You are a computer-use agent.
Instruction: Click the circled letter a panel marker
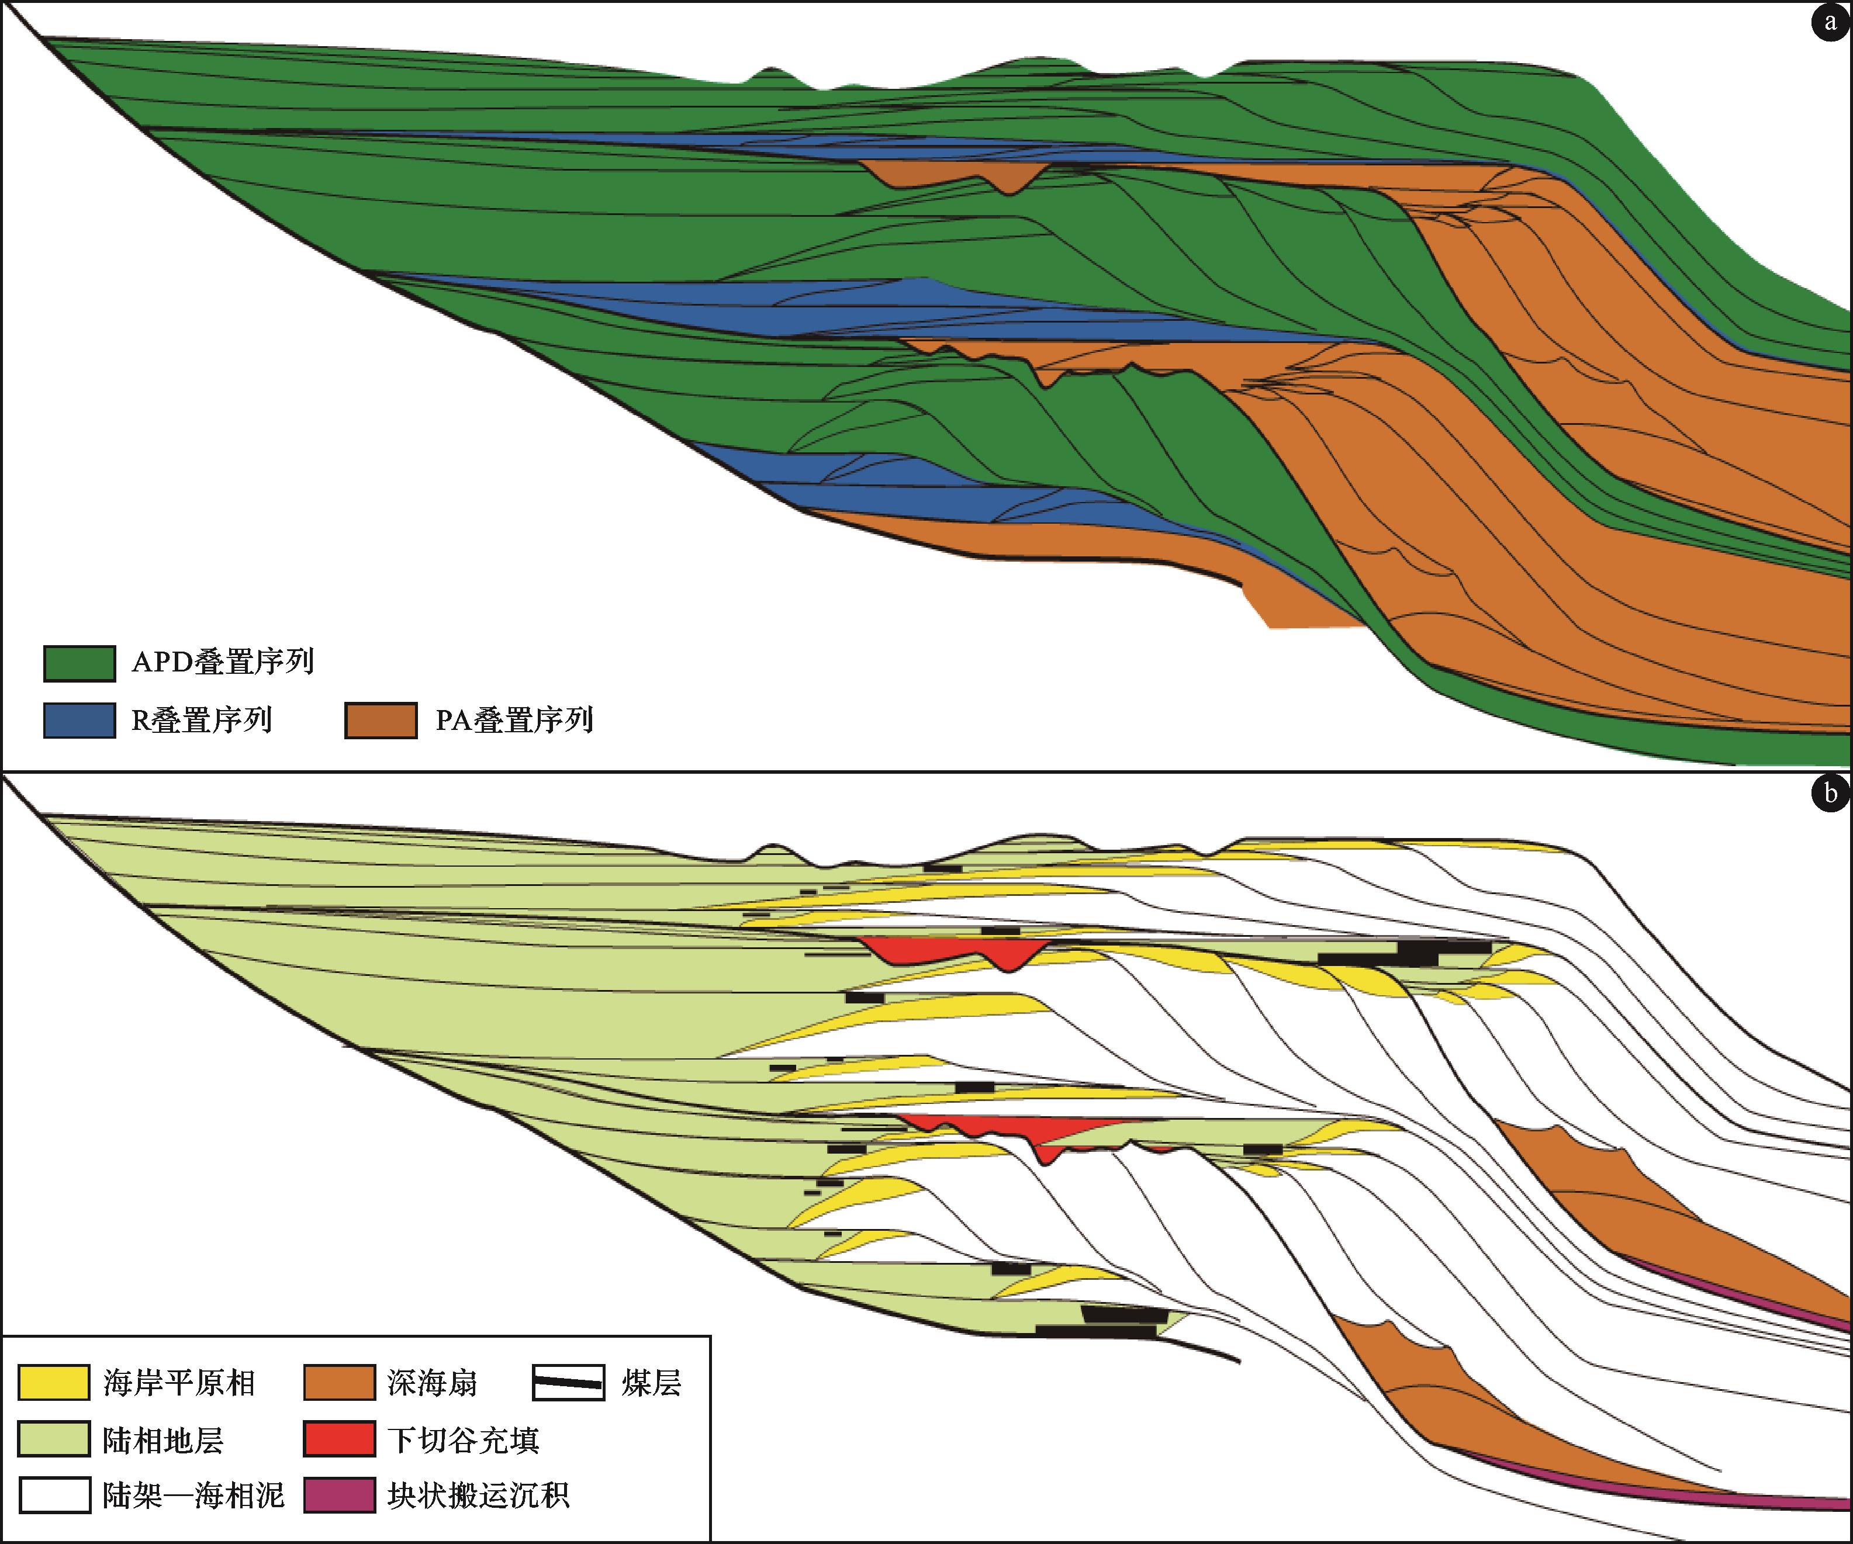(1830, 22)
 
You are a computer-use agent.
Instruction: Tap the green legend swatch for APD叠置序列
(79, 663)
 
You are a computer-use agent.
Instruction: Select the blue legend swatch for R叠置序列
(79, 720)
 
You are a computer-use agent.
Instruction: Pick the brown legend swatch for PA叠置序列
(381, 720)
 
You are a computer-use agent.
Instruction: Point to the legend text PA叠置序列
(514, 720)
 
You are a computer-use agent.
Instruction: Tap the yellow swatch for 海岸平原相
(54, 1383)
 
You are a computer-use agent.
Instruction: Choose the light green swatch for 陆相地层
(54, 1439)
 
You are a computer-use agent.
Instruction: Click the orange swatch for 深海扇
(340, 1383)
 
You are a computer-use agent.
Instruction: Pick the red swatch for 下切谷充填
(340, 1439)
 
